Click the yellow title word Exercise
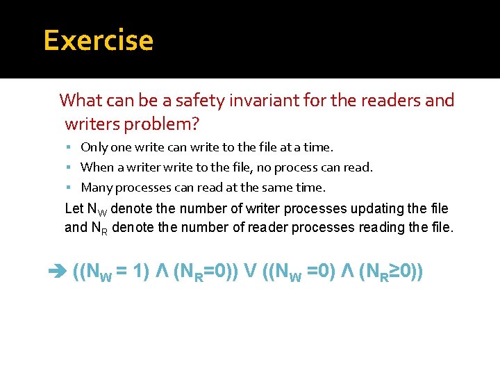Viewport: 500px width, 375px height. coord(98,40)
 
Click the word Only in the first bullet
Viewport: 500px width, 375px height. coord(93,147)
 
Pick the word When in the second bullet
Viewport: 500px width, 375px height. coord(96,167)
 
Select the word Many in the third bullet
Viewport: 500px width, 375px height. coord(97,187)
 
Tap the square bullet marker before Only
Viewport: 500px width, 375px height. coord(71,148)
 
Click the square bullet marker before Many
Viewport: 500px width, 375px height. coord(71,188)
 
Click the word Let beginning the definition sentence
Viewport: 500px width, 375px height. coord(74,208)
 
